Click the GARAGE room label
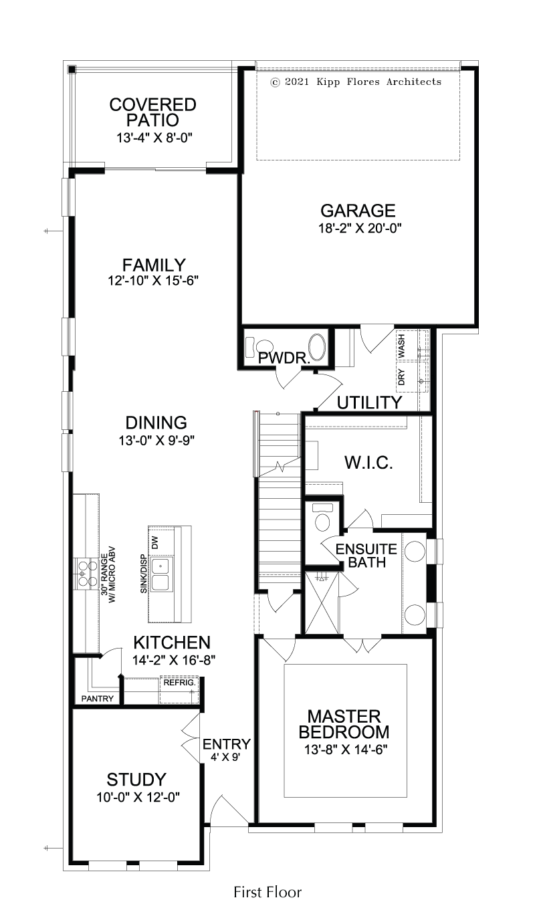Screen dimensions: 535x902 pyautogui.click(x=358, y=211)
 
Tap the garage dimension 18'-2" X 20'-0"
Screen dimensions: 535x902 pyautogui.click(x=360, y=228)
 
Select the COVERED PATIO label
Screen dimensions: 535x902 pyautogui.click(x=152, y=112)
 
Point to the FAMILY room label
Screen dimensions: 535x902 pyautogui.click(x=154, y=265)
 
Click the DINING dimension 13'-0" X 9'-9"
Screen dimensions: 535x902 pyautogui.click(x=156, y=441)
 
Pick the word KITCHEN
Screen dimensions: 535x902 pyautogui.click(x=172, y=643)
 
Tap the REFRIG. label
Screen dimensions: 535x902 pyautogui.click(x=179, y=683)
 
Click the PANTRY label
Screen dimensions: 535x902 pyautogui.click(x=98, y=699)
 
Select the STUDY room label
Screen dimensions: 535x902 pyautogui.click(x=136, y=780)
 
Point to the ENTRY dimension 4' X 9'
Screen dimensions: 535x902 pyautogui.click(x=225, y=758)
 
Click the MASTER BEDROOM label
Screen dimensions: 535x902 pyautogui.click(x=344, y=724)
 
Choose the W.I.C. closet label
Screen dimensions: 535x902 pyautogui.click(x=368, y=463)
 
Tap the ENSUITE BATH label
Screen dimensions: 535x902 pyautogui.click(x=366, y=555)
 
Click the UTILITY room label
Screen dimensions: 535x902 pyautogui.click(x=369, y=403)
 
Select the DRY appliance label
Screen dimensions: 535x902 pyautogui.click(x=402, y=377)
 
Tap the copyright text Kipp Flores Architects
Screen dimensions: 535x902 pyautogui.click(x=379, y=82)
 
